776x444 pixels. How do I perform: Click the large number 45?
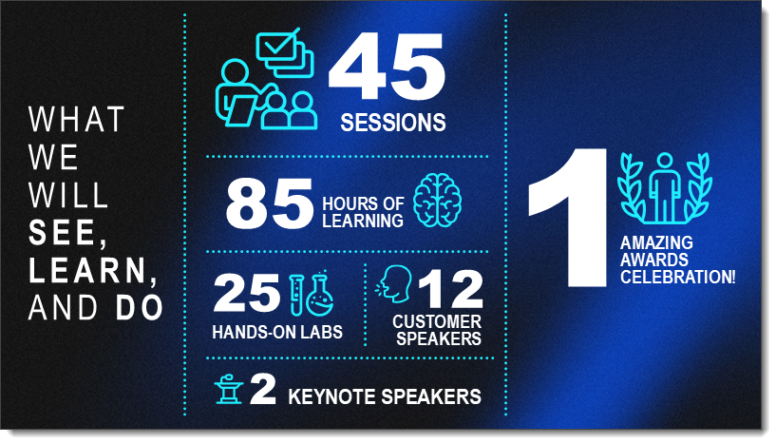(387, 67)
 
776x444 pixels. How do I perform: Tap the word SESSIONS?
(393, 123)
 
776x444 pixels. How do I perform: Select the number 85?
(269, 203)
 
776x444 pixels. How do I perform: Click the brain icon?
(438, 201)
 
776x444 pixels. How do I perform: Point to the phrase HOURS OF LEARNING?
(363, 212)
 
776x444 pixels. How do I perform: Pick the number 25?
(247, 294)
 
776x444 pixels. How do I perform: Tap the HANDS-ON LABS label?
(277, 332)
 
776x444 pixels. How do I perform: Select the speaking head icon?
(393, 283)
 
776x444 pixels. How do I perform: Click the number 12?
(450, 289)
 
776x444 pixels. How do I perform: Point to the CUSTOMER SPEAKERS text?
(438, 330)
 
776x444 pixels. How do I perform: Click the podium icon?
(229, 389)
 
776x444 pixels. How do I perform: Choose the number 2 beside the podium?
(263, 389)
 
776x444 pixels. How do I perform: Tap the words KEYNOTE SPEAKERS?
(385, 396)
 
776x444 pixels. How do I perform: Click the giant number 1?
(568, 218)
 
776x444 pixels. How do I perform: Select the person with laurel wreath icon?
(665, 188)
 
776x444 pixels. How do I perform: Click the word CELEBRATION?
(677, 277)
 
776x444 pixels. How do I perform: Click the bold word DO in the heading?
(140, 308)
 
